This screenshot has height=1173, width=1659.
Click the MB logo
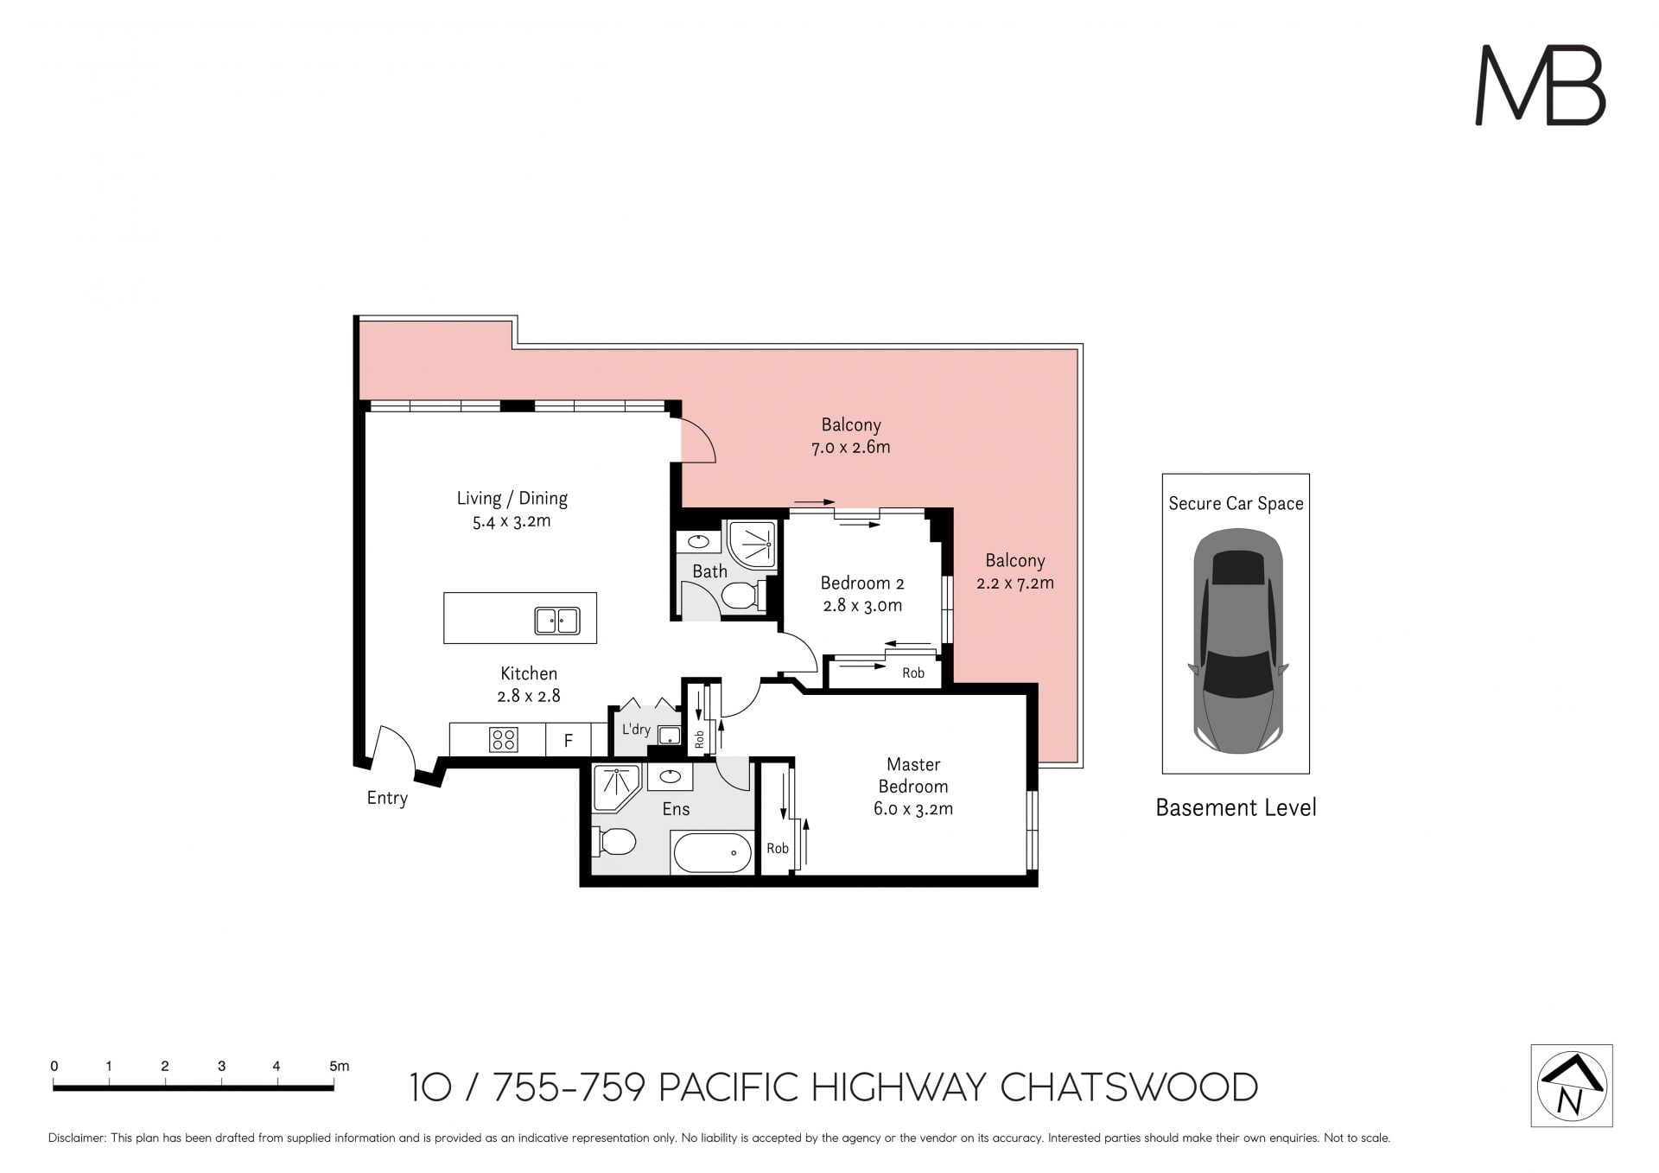[1540, 85]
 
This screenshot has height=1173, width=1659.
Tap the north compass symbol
[1572, 1086]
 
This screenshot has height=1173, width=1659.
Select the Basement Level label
[1236, 807]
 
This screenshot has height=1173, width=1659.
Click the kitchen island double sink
[556, 621]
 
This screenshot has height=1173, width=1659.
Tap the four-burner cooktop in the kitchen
[503, 739]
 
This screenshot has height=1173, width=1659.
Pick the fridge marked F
[569, 740]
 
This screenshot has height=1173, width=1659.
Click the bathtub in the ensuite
[712, 852]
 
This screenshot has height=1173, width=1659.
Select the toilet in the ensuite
[614, 841]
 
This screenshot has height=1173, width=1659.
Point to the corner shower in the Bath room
[752, 544]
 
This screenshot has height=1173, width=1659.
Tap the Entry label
[387, 798]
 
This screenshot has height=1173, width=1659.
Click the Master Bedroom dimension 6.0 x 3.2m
[913, 809]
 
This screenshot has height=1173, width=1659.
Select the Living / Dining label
[512, 499]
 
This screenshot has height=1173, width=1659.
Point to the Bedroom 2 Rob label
[913, 673]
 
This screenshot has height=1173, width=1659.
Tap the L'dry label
[636, 730]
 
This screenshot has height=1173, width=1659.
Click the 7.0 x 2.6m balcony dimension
[851, 447]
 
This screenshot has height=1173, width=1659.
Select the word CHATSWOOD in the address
[1128, 1087]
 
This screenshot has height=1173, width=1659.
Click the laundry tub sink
[669, 736]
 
